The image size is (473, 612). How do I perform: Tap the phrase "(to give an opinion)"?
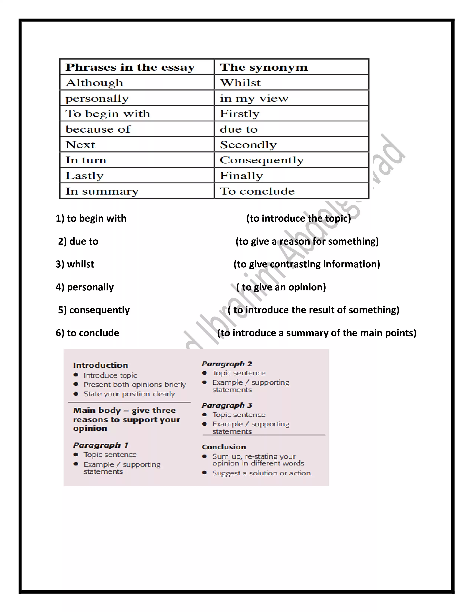[281, 287]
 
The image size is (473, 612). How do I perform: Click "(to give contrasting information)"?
[307, 264]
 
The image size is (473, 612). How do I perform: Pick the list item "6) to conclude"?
[87, 333]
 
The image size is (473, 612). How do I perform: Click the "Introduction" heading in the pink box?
[100, 365]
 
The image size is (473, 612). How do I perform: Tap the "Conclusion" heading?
[224, 447]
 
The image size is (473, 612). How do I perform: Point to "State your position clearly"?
[129, 394]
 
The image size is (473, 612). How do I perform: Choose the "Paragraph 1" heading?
[101, 445]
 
